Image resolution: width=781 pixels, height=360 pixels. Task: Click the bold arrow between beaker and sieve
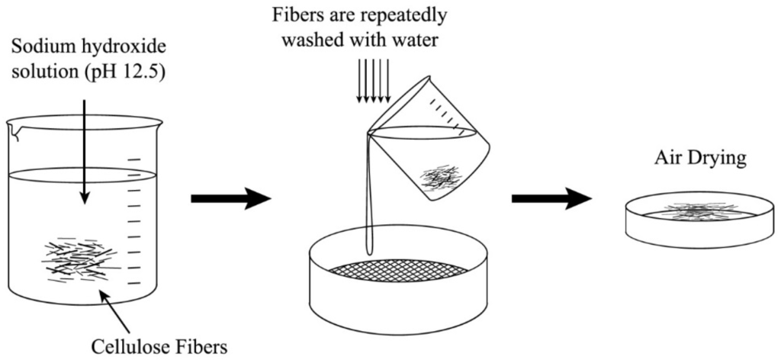tap(230, 199)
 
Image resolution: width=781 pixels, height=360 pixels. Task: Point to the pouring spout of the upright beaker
tap(15, 133)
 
